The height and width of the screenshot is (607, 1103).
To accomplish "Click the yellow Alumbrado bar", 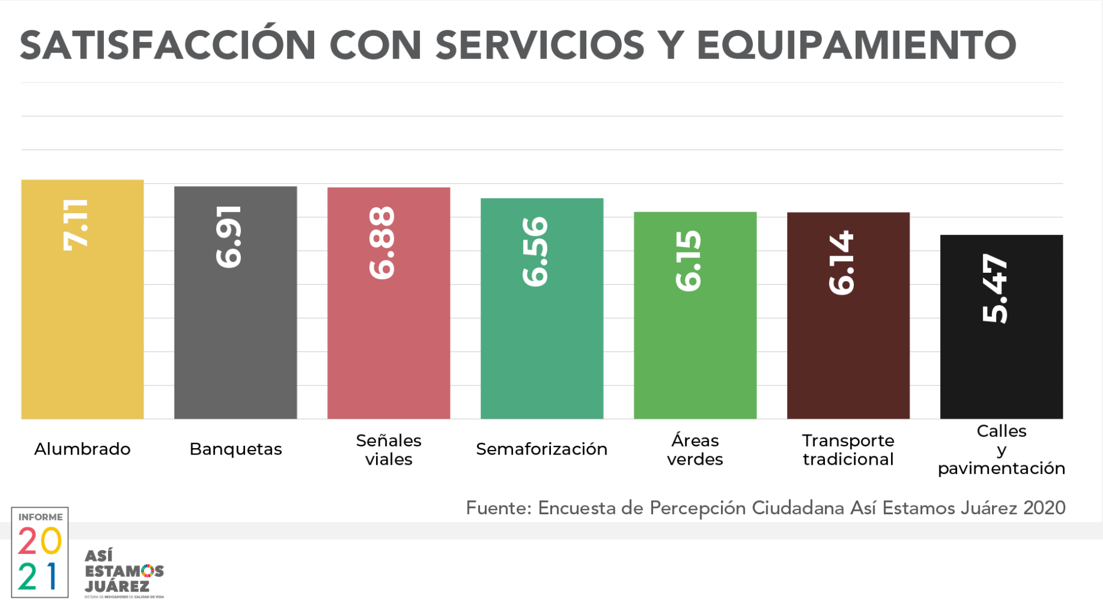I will coord(82,331).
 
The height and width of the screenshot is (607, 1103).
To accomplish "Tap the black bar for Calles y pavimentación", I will coord(1001,366).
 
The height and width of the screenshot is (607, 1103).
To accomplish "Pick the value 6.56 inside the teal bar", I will coord(536,252).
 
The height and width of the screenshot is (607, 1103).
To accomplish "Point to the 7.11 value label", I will coord(76,225).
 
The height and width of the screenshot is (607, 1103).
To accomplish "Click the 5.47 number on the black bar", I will coord(995,289).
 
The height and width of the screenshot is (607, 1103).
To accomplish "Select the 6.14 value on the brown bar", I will coord(841,263).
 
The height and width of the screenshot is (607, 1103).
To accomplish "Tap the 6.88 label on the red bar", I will coord(382,243).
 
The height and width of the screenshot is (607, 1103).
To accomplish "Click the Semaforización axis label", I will coord(541,449).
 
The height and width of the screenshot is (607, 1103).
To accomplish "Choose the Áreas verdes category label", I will coord(695,450).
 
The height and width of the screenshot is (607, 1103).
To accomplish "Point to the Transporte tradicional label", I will coord(848,450).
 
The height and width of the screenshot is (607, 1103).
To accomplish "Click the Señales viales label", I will coord(389,450).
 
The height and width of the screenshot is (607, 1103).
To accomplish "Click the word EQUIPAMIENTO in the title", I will coord(856,45).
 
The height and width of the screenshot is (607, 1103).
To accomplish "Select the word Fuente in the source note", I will coord(498,508).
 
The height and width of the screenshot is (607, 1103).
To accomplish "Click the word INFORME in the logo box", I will coord(40,517).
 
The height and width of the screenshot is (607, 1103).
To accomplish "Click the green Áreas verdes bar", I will coord(695,354).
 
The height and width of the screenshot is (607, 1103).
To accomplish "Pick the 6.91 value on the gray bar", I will coord(229,237).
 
